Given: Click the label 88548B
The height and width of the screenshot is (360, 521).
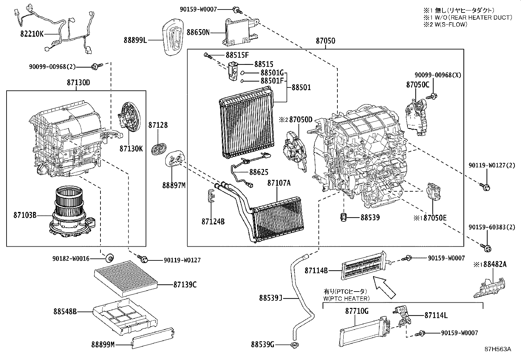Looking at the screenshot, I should (x=65, y=312).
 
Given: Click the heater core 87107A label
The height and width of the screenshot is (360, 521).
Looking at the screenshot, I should (x=279, y=183).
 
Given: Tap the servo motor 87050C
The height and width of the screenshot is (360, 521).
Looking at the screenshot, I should (x=416, y=116).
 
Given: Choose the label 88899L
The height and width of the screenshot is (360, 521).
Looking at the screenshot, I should (x=135, y=40).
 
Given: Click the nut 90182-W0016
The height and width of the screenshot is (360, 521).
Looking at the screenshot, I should (x=109, y=258).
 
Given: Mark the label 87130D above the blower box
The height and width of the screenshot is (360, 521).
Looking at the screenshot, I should (x=79, y=83).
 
